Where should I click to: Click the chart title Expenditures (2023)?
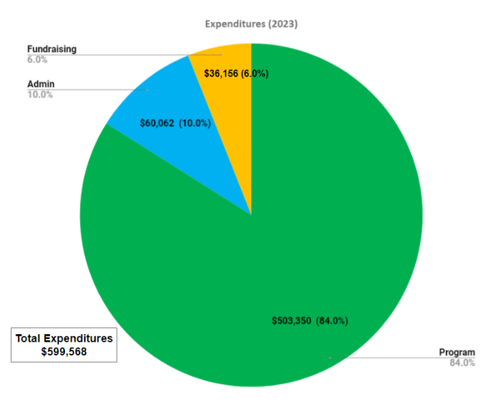pyautogui.click(x=251, y=24)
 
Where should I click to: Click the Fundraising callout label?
pyautogui.click(x=51, y=49)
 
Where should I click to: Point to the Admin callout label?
pyautogui.click(x=40, y=84)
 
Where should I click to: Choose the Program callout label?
pyautogui.click(x=457, y=353)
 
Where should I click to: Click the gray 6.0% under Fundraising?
pyautogui.click(x=37, y=60)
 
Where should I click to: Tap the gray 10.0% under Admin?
pyautogui.click(x=40, y=94)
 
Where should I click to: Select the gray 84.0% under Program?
pyautogui.click(x=462, y=363)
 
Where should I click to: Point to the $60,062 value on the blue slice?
pyautogui.click(x=157, y=123)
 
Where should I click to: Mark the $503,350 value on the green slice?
pyautogui.click(x=291, y=320)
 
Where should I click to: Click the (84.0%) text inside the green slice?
pyautogui.click(x=332, y=320)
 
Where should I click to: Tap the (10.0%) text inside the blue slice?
pyautogui.click(x=195, y=123)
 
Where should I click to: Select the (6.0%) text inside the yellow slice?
pyautogui.click(x=255, y=73)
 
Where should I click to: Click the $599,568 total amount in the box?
pyautogui.click(x=64, y=352)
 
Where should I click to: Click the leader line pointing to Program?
pyautogui.click(x=383, y=357)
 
